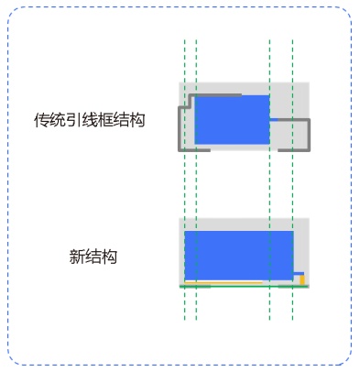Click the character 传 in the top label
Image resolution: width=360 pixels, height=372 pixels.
[x=41, y=120]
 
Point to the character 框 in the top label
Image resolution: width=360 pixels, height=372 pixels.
[x=105, y=120]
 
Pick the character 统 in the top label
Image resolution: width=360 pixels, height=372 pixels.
[x=58, y=120]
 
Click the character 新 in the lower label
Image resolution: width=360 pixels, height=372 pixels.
[x=78, y=257]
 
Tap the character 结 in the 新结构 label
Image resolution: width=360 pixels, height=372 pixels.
[x=93, y=257]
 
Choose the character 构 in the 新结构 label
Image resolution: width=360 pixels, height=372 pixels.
[x=109, y=257]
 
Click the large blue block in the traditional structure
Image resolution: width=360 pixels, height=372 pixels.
[x=232, y=119]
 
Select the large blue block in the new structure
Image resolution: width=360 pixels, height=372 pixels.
[x=239, y=256]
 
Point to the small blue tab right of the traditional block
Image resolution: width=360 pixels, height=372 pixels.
[x=274, y=119]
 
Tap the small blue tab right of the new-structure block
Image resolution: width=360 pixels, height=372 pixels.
[x=299, y=273]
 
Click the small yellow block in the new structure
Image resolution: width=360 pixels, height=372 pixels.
[x=302, y=279]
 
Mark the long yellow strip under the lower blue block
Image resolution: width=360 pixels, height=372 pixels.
[x=224, y=283]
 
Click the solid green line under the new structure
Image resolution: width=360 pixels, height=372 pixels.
[x=244, y=287]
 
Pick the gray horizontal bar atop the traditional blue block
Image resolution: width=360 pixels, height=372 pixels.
[x=217, y=95]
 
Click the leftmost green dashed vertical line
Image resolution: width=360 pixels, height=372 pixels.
[x=185, y=180]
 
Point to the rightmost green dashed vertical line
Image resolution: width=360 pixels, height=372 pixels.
[x=292, y=180]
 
